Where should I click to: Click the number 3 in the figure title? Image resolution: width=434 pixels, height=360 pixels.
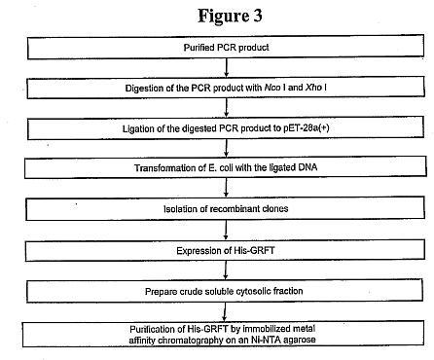tap(257, 16)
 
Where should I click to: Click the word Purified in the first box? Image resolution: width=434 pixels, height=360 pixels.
tap(196, 48)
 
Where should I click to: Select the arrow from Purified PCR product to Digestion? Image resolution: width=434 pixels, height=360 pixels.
tap(227, 67)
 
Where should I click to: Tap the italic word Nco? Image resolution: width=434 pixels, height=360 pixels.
tap(272, 88)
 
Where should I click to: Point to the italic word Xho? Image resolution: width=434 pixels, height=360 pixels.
tap(313, 88)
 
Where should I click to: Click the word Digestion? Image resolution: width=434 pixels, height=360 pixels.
tap(140, 89)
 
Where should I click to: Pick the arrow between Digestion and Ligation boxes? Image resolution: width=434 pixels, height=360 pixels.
tap(227, 107)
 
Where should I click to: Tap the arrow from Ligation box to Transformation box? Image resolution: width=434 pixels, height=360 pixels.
tap(227, 148)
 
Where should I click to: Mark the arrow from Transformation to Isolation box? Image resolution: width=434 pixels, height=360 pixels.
tap(226, 187)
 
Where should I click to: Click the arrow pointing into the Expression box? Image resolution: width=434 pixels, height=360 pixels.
tap(226, 230)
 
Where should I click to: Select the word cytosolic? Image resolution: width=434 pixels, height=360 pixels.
tap(253, 291)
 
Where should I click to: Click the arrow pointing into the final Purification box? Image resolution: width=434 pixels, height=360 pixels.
tap(224, 311)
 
